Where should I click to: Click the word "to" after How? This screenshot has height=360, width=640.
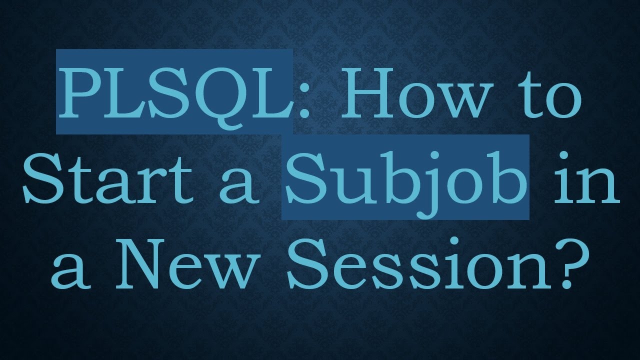pos(553,95)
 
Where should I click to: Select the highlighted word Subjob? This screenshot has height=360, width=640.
pos(405,178)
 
